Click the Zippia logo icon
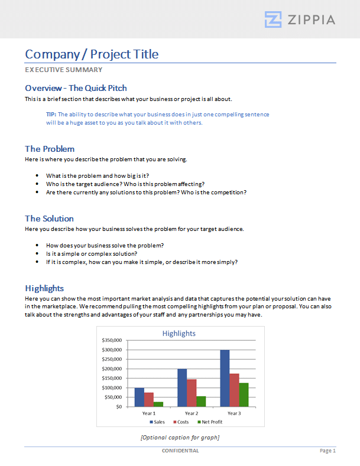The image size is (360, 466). coord(273,19)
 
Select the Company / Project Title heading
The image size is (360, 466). coord(92,54)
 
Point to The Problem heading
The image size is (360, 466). coord(50,149)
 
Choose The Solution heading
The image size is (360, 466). coord(49,219)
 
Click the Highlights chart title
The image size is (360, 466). coord(179,333)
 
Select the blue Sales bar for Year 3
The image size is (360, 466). coord(225,378)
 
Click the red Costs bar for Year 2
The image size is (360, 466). coord(192,393)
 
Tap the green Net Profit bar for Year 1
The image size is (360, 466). coord(158,404)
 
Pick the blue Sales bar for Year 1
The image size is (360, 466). coord(140,397)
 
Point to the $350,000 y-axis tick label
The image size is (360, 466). coord(112,340)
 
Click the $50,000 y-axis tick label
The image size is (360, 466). coord(113,397)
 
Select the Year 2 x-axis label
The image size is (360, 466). coord(191,413)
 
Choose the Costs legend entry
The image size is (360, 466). coord(182,422)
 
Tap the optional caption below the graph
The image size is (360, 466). coord(180,437)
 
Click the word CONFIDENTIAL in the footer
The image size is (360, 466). coord(180,451)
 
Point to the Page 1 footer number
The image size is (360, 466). coord(327,451)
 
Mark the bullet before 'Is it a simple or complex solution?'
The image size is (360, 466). coord(38,253)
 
